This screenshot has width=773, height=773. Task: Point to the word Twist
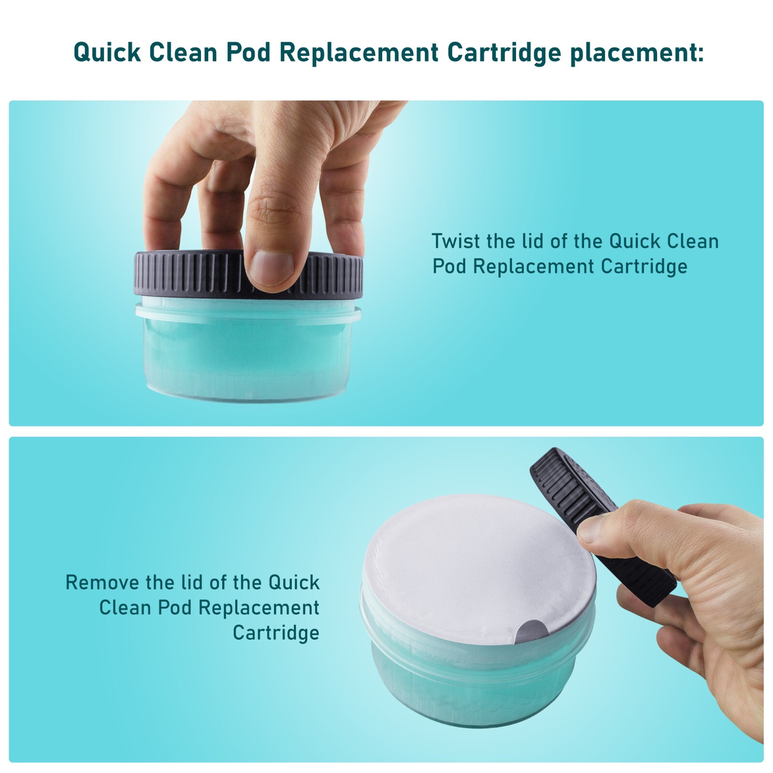[456, 241]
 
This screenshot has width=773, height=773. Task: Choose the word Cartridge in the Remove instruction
[276, 632]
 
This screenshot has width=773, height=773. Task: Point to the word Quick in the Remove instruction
[294, 582]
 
